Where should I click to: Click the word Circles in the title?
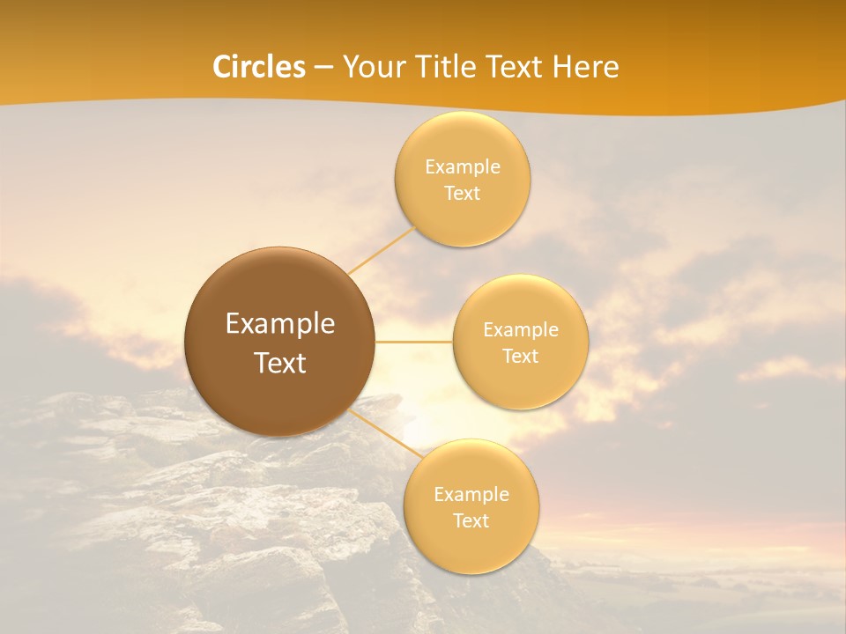[259, 67]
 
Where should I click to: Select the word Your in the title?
[370, 67]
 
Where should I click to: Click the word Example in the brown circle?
[280, 324]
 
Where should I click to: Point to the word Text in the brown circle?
[280, 363]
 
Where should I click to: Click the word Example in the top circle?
[463, 166]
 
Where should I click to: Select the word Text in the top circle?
[462, 193]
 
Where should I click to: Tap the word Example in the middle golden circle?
[521, 329]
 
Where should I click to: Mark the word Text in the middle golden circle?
[520, 356]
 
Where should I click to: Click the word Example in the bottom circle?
[471, 494]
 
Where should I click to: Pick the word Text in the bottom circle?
[471, 520]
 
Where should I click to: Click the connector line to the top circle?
[381, 250]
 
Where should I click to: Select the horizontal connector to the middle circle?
[414, 342]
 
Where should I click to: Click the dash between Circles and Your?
[323, 68]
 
